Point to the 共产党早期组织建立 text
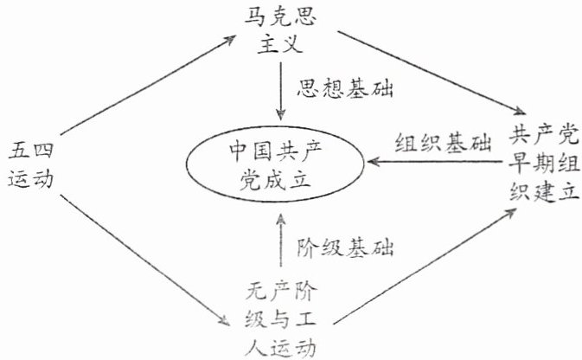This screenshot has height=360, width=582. [543, 163]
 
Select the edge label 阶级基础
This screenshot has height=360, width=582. [339, 249]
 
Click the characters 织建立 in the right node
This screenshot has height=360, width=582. [543, 191]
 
